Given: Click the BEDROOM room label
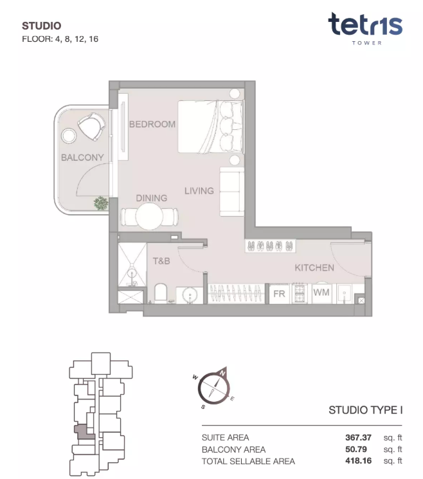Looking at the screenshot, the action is coord(152,124).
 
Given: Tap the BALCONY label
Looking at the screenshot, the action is coord(82,158).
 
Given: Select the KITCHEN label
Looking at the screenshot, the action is coord(314,267).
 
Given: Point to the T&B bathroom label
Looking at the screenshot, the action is coord(161,261).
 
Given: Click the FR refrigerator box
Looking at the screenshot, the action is coord(279,294).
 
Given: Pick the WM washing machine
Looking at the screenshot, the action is coord(321,293).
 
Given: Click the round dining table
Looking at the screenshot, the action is coord(149,216).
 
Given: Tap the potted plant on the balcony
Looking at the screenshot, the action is coord(101,203).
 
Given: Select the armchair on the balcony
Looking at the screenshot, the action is coord(91,126).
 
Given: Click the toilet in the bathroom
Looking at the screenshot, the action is coord(161,293).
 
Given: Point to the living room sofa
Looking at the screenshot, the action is coord(232,192).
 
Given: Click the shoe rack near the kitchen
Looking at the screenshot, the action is coord(270,246).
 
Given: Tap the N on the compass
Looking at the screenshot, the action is coord(222,373).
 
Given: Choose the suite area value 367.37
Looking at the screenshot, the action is coord(358,437).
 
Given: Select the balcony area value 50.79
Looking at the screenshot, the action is coord(356,449).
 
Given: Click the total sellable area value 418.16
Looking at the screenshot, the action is coord(358,460).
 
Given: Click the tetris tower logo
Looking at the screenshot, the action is coord(366,29).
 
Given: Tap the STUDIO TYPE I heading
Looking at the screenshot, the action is coord(366,410).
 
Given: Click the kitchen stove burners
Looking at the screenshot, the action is coord(300,294).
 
